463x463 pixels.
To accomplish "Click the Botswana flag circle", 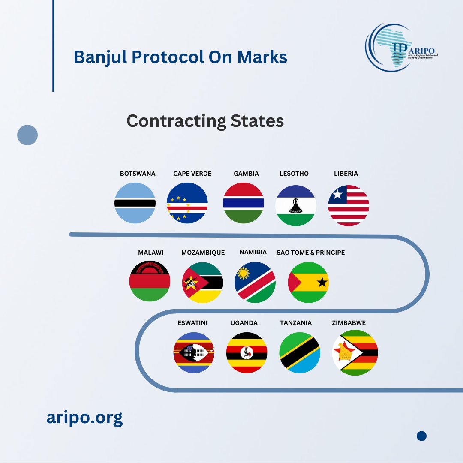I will [135, 203].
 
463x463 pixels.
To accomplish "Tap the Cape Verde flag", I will [187, 203].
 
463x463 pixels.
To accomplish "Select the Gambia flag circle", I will [244, 203].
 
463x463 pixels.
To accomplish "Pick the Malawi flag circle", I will [150, 281].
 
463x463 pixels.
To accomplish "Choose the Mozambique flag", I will [202, 283].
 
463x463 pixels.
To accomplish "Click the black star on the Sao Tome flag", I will [322, 283].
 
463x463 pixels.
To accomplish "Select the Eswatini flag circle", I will [194, 352].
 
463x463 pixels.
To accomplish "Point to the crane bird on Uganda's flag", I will [247, 352].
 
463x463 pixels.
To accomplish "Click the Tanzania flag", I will [299, 352].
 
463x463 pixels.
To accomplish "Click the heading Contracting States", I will [205, 121].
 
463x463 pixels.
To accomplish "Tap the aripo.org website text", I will [84, 418].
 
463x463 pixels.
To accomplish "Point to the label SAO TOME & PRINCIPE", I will [310, 253].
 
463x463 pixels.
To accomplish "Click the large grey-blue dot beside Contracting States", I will [27, 135].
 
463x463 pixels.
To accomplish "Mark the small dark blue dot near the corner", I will [422, 436].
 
